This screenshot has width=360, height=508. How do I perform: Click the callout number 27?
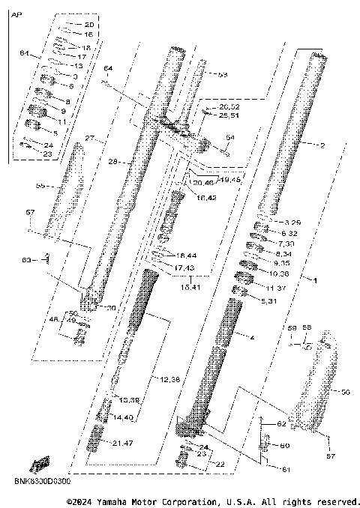tap(89, 139)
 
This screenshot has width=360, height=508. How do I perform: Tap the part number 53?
tap(221, 75)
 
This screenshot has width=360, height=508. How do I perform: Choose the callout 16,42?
tap(206, 197)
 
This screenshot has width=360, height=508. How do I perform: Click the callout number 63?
tap(27, 259)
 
